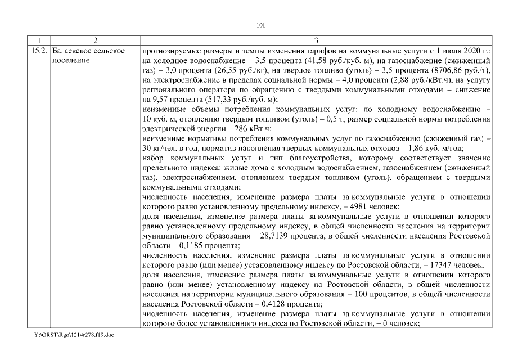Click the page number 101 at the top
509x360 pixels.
[x=260, y=25]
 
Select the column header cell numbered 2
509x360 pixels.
[x=95, y=41]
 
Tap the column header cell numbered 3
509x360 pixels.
[x=316, y=41]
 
